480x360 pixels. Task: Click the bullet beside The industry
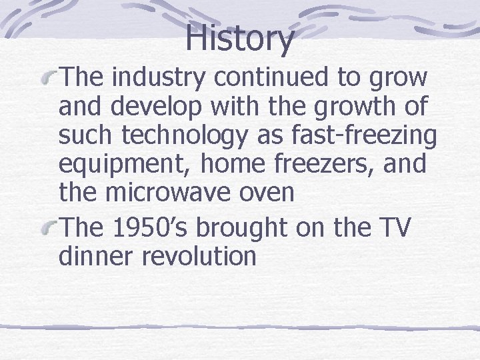coord(49,79)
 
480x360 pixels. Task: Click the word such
coord(87,137)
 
